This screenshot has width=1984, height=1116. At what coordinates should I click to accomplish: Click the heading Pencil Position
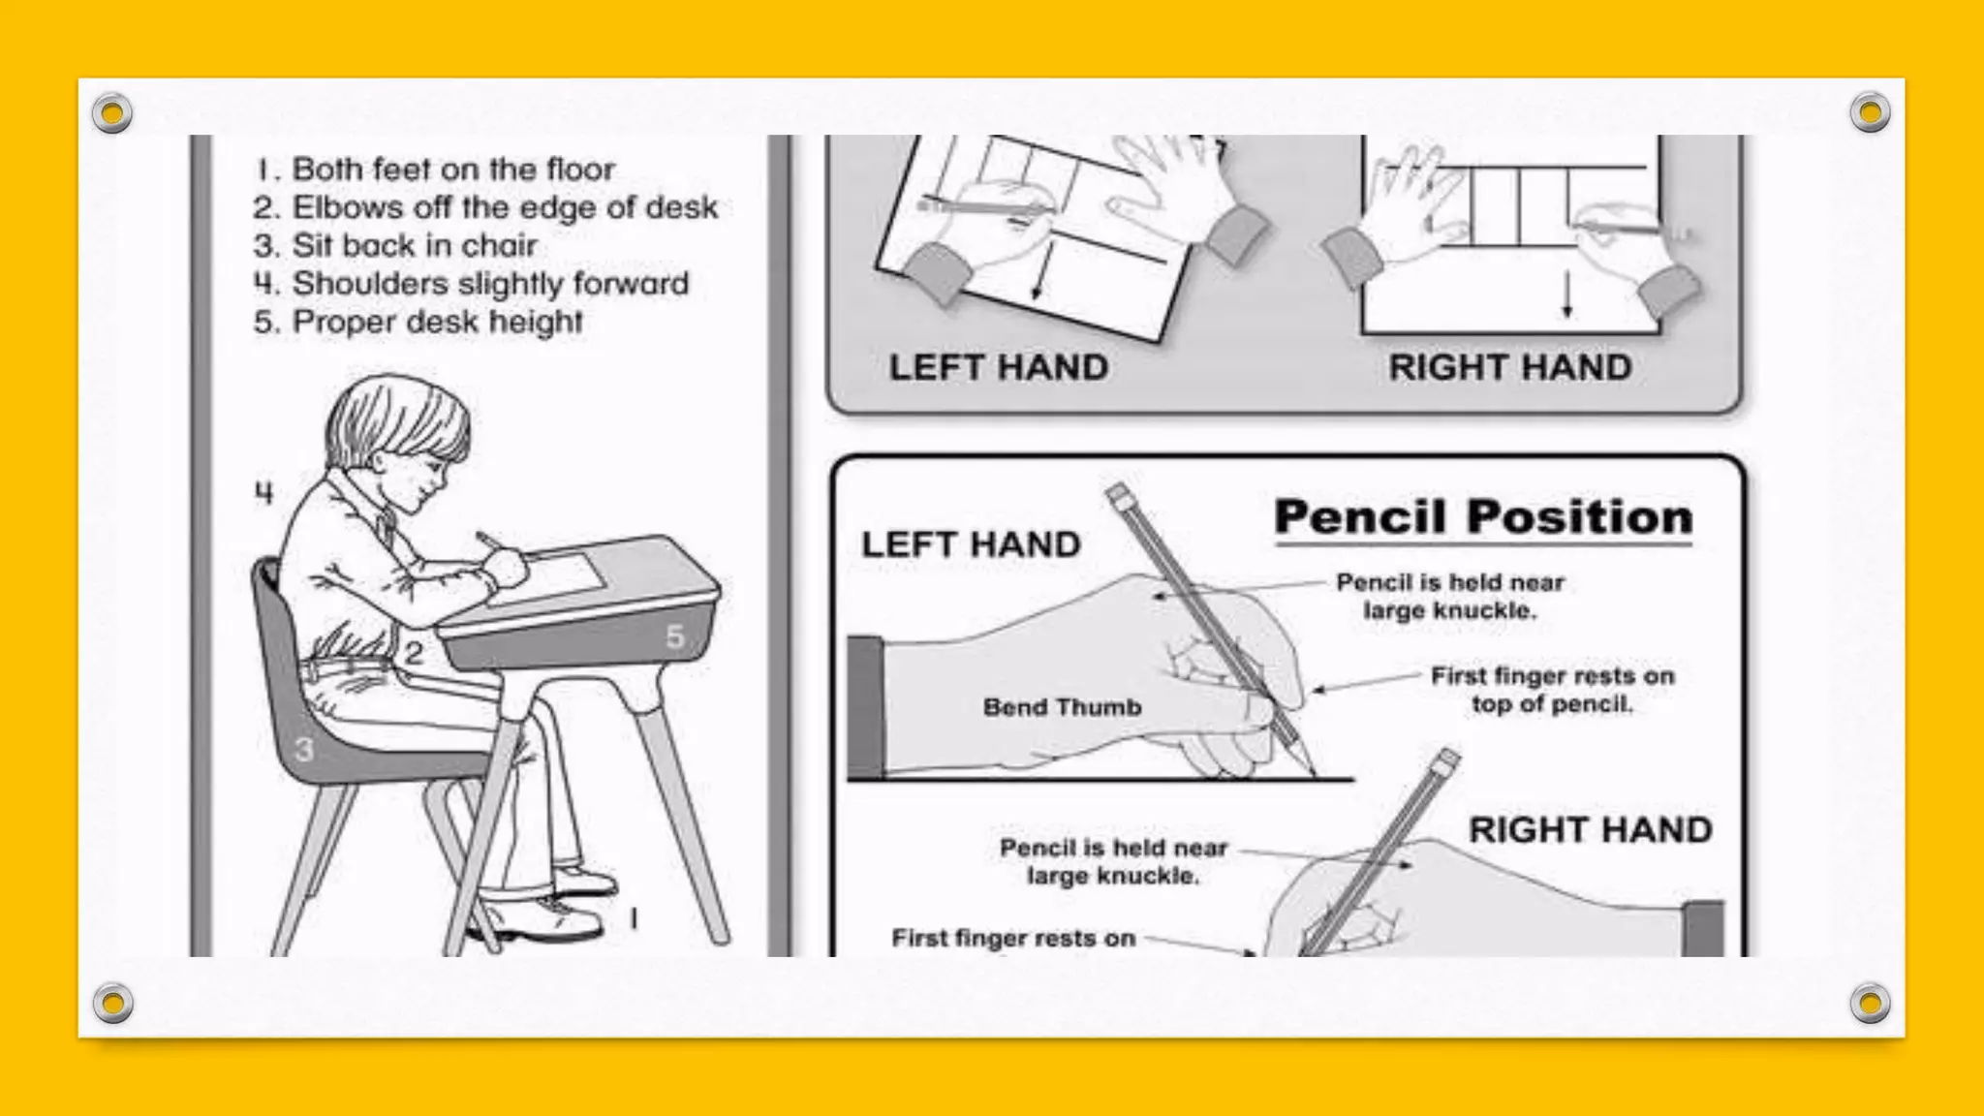coord(1483,517)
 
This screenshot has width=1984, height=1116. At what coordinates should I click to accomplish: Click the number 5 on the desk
coord(675,636)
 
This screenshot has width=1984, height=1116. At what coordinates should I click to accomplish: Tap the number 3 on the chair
coord(304,749)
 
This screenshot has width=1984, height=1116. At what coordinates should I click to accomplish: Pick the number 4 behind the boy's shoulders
coord(263,493)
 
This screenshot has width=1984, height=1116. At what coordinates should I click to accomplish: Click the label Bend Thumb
coord(1063,707)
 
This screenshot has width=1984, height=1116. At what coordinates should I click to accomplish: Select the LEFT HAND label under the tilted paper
coord(999,368)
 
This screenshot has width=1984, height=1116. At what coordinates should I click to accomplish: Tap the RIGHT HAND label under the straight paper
coord(1510,368)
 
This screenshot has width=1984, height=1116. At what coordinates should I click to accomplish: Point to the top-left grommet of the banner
coord(112,113)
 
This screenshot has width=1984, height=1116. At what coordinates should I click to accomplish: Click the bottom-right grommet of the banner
coord(1870,1004)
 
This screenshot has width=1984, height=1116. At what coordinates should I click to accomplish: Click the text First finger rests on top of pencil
coord(1552,690)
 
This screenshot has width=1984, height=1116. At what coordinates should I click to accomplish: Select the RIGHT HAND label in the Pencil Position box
coord(1591,830)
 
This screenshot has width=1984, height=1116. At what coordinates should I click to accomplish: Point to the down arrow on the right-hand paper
coord(1566,295)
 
